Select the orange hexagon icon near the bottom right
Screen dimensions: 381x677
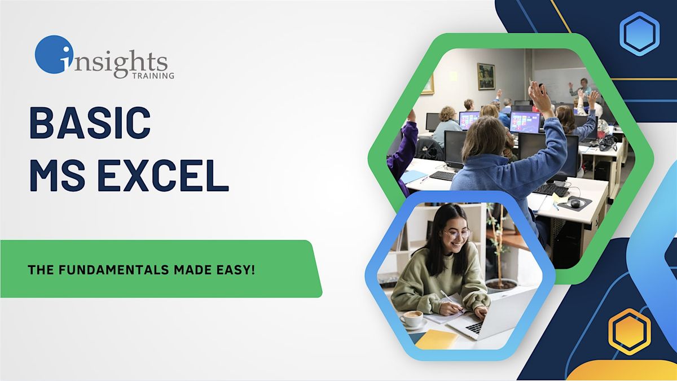click(x=630, y=332)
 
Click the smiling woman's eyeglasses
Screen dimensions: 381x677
click(x=456, y=233)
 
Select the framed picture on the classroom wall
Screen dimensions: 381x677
click(x=486, y=76)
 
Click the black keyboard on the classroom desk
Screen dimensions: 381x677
click(x=551, y=189)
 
